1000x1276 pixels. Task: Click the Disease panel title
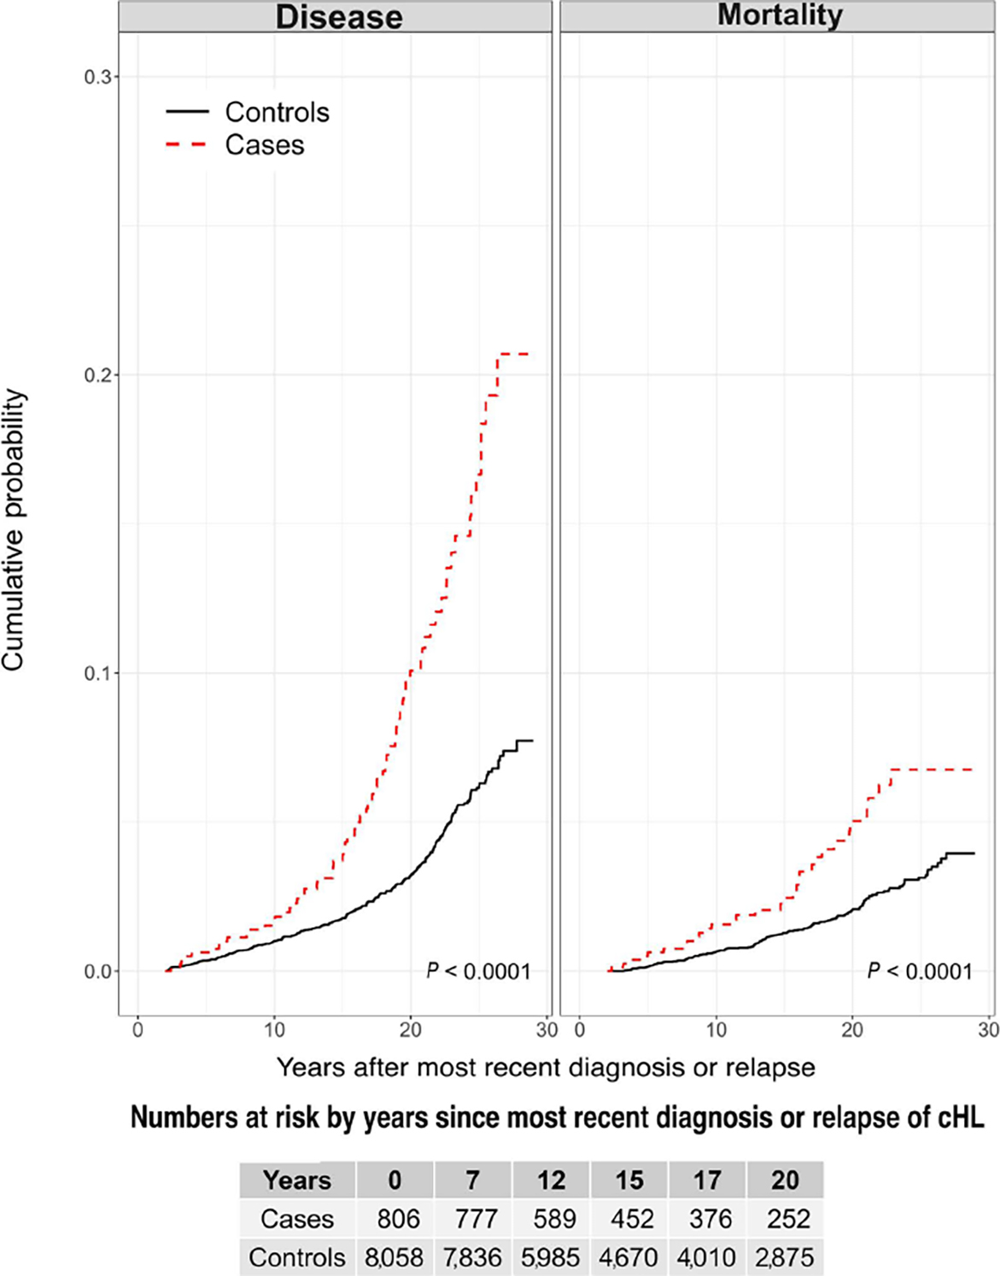[x=339, y=16]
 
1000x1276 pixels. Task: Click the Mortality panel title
[x=780, y=15]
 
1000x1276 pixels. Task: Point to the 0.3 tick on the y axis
[x=99, y=77]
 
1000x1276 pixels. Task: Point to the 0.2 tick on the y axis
[x=99, y=375]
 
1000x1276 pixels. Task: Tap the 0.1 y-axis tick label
[x=99, y=673]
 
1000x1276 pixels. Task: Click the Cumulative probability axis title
[x=14, y=530]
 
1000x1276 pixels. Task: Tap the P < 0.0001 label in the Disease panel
[x=478, y=972]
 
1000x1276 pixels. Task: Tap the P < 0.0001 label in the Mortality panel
[x=920, y=972]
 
